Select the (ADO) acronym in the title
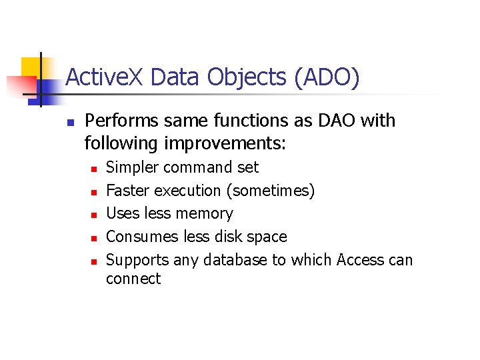(x=327, y=77)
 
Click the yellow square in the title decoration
(x=31, y=67)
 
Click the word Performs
(x=122, y=121)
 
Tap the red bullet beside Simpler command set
(x=94, y=169)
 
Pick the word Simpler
(x=130, y=167)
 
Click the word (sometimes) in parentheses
(x=271, y=191)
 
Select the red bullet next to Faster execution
(x=94, y=192)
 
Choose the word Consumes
(x=137, y=237)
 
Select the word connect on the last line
(x=133, y=279)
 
